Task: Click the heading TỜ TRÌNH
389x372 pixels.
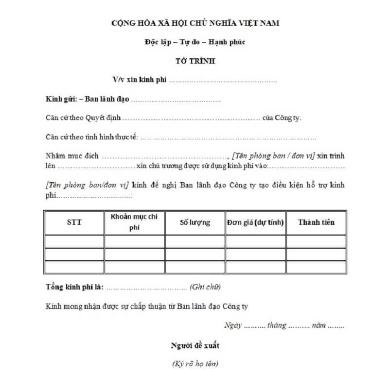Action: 194,62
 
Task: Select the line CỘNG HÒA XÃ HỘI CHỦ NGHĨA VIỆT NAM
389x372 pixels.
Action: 195,23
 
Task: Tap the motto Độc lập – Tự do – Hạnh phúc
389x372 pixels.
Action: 194,42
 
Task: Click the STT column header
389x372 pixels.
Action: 74,222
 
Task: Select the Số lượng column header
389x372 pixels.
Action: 194,222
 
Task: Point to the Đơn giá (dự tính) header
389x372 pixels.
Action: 255,222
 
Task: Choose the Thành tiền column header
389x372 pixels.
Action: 316,222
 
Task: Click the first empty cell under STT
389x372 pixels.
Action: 74,241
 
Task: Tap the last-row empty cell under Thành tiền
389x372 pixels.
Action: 316,267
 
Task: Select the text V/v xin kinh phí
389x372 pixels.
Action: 140,80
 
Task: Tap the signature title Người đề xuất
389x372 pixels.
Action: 194,345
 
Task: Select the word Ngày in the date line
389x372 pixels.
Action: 233,325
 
